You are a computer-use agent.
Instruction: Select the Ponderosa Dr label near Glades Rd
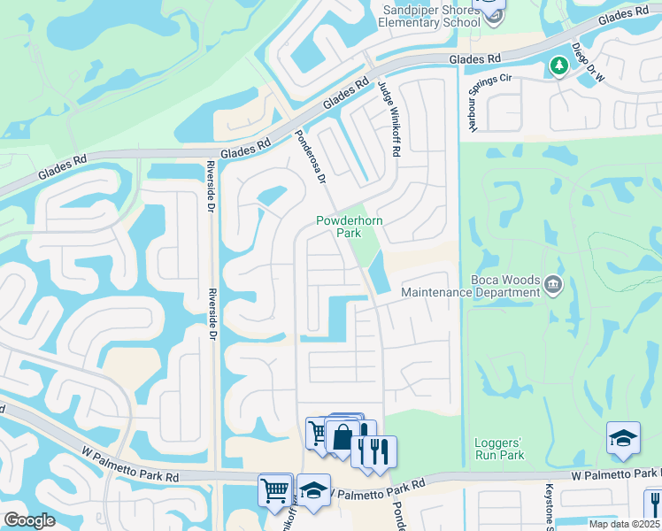(x=311, y=158)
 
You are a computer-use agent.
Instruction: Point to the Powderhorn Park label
(x=340, y=227)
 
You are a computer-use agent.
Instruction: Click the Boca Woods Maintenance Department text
(x=470, y=286)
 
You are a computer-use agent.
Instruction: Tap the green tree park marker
(x=558, y=65)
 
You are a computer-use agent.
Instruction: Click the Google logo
(x=29, y=521)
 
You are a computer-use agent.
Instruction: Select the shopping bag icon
(x=342, y=435)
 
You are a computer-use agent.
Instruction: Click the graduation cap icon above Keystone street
(x=623, y=437)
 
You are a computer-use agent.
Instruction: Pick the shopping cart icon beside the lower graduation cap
(x=275, y=489)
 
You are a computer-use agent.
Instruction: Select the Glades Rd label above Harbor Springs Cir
(x=475, y=58)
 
